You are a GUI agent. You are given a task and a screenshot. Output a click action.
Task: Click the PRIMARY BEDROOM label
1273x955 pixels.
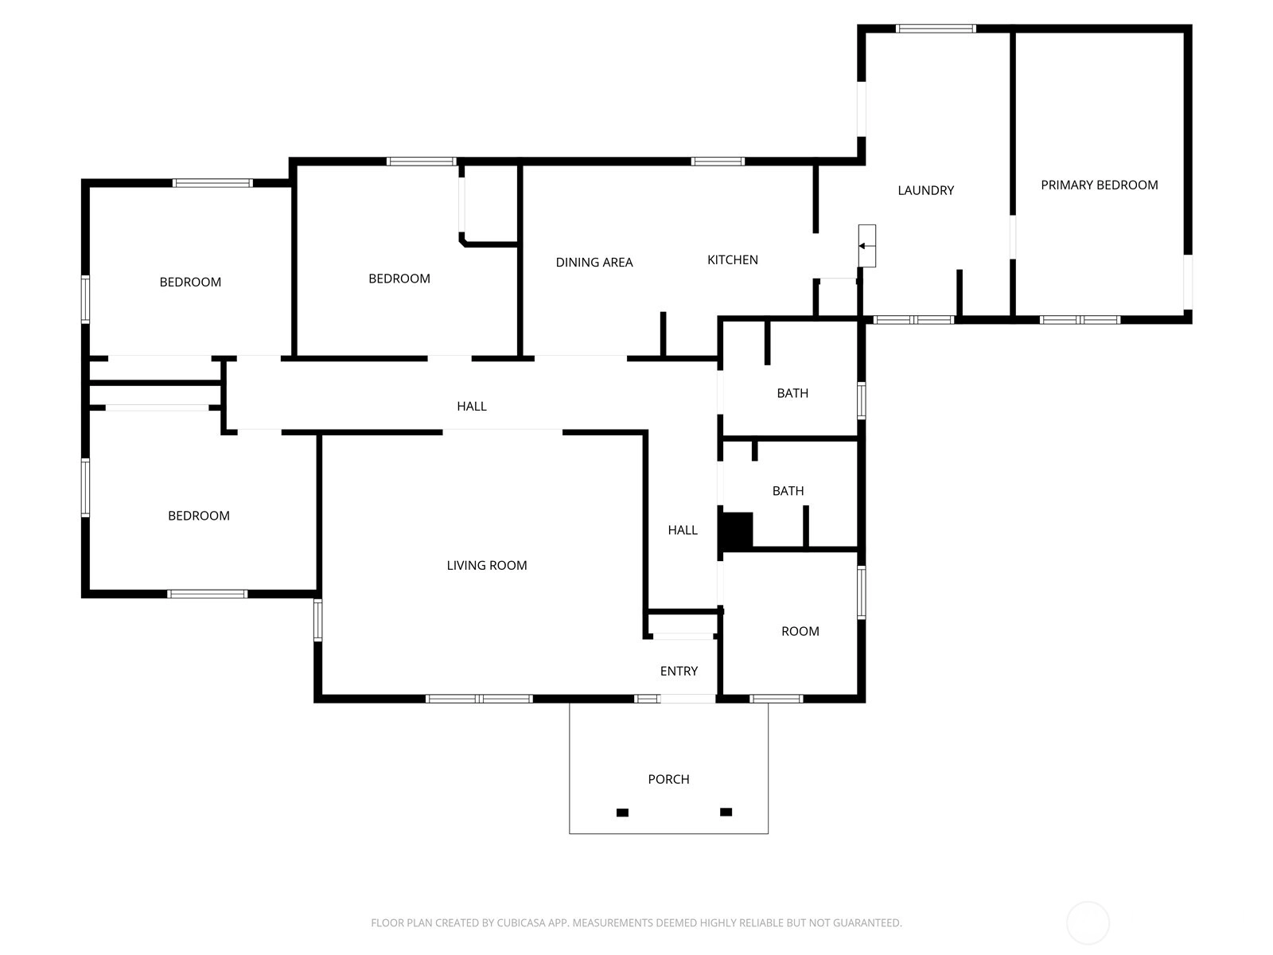click(1099, 185)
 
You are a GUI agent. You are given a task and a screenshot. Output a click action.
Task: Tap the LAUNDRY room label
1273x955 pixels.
click(925, 190)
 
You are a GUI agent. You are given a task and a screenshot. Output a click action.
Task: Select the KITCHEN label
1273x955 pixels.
click(733, 259)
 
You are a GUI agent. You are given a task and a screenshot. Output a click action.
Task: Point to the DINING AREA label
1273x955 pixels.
click(594, 262)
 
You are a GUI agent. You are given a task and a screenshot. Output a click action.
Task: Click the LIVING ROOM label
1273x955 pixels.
click(487, 565)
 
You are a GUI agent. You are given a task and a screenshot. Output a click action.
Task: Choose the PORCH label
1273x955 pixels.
click(668, 779)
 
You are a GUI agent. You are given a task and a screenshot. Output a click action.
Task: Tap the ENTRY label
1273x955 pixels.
click(679, 671)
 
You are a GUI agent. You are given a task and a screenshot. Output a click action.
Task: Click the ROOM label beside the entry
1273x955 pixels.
click(800, 631)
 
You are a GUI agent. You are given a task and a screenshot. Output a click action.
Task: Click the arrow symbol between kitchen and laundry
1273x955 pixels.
click(866, 246)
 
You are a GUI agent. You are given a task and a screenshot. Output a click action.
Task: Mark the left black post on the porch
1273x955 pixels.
click(622, 813)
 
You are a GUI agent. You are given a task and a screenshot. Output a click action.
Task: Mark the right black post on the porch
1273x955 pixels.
click(726, 812)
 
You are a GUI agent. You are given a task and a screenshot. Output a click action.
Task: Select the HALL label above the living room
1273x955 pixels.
click(472, 407)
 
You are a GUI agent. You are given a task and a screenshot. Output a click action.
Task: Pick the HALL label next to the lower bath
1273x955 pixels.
click(683, 530)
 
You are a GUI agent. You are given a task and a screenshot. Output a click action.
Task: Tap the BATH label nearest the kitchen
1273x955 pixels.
click(792, 393)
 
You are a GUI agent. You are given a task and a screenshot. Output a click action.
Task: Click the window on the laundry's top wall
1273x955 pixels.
click(936, 29)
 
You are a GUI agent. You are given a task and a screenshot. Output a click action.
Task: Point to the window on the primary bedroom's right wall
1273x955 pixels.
click(1188, 282)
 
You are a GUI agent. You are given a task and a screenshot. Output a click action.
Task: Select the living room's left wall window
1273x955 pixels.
click(317, 620)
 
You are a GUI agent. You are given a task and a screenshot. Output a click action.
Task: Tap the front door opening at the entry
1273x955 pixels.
click(687, 699)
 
